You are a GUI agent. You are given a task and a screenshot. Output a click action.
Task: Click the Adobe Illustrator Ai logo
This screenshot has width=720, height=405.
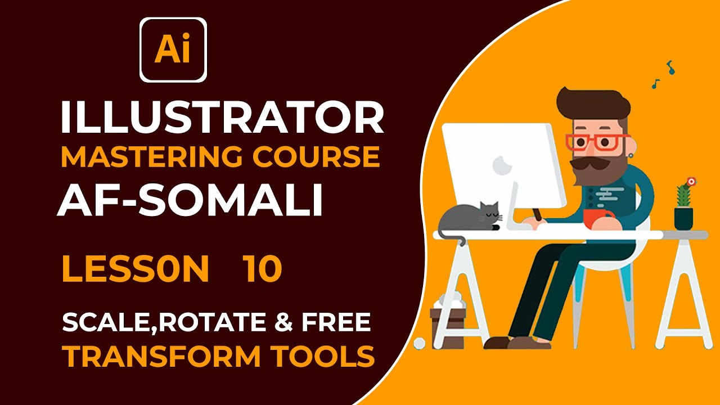tap(173, 50)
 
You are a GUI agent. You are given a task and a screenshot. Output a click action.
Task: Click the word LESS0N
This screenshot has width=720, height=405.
tap(135, 269)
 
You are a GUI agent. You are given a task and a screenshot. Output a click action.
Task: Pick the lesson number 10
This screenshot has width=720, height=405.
tap(263, 269)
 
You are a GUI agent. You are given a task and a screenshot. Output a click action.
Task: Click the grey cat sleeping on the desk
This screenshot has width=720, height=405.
tap(470, 218)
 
